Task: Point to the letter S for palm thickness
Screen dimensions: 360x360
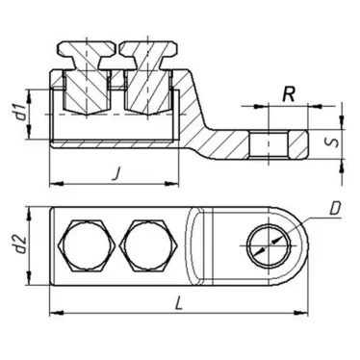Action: coord(331,144)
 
